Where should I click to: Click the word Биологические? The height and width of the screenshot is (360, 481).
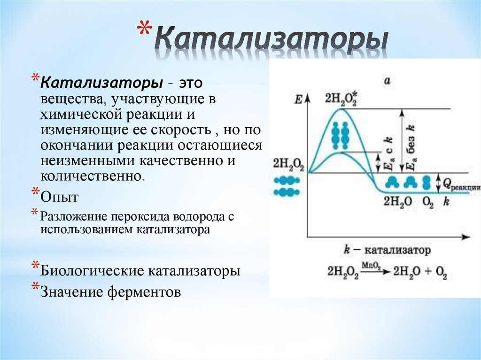tap(93, 272)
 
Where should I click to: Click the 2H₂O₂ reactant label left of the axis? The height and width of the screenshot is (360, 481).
tap(288, 164)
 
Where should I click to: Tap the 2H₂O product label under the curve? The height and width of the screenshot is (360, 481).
tap(398, 202)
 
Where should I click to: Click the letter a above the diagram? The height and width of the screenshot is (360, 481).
tap(388, 81)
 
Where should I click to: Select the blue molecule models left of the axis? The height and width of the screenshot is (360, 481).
tap(287, 186)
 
